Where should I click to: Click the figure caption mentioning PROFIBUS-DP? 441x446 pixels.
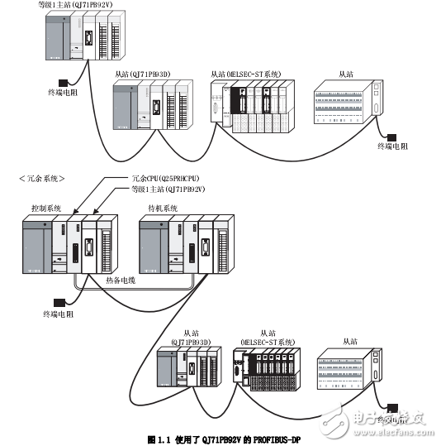[x=220, y=438]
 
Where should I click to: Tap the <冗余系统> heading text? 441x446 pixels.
[x=41, y=178]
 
